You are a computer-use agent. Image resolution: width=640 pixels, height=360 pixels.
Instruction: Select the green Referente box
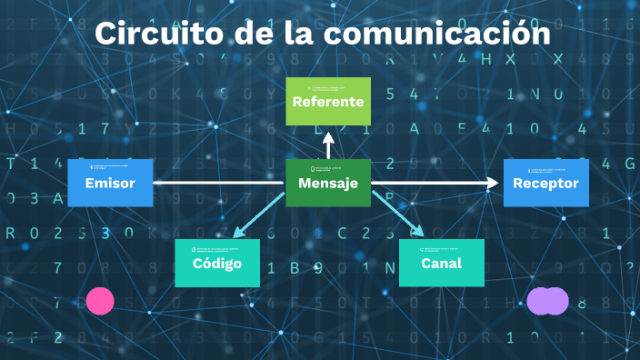pos(328,101)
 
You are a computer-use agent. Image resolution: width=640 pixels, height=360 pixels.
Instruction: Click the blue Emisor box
pos(110,182)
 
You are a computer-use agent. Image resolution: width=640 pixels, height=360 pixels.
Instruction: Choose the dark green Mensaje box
pos(328,182)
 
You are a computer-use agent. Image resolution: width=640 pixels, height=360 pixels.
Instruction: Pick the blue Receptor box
pos(545,182)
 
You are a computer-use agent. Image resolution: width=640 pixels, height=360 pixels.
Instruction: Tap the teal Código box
pos(217,263)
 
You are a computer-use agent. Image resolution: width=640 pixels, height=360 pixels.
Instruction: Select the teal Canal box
pos(442,263)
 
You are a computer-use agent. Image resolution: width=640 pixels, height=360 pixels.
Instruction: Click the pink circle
pos(100,301)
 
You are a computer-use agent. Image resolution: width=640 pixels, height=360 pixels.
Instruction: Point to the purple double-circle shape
pos(547,301)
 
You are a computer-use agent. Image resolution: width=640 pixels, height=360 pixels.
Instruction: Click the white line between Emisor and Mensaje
pos(218,183)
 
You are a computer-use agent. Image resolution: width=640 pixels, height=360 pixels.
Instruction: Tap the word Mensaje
pos(328,184)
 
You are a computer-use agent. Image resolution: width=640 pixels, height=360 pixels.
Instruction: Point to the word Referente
pos(328,102)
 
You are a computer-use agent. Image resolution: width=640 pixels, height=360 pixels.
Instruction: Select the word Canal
pos(442,264)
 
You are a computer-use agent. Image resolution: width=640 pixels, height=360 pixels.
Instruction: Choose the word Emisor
pos(110,184)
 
